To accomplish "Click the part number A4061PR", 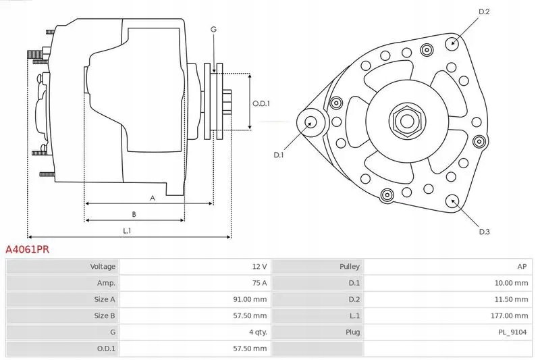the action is (x=27, y=249).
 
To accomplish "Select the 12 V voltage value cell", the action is (x=259, y=266).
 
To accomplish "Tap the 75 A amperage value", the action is (x=259, y=283).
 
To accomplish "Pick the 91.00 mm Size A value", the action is (x=250, y=299).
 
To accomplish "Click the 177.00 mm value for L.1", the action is (x=509, y=315).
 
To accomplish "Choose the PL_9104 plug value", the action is (x=512, y=332).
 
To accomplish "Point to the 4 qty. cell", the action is (x=259, y=332).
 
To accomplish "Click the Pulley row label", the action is (x=349, y=266).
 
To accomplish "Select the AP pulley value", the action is (x=522, y=266).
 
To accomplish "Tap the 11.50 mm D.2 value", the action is (x=511, y=299).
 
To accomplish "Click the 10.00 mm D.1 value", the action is (x=511, y=283).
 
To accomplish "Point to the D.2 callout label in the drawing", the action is (x=484, y=11).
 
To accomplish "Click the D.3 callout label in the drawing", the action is (x=484, y=232).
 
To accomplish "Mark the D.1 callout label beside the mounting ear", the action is (x=278, y=155).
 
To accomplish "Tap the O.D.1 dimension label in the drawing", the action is (x=261, y=103).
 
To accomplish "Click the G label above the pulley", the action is (x=213, y=30).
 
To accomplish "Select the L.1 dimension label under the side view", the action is (x=127, y=231).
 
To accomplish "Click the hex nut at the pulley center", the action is (x=407, y=121).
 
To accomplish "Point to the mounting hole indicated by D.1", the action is (x=311, y=122).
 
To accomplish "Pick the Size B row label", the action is (x=105, y=315).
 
